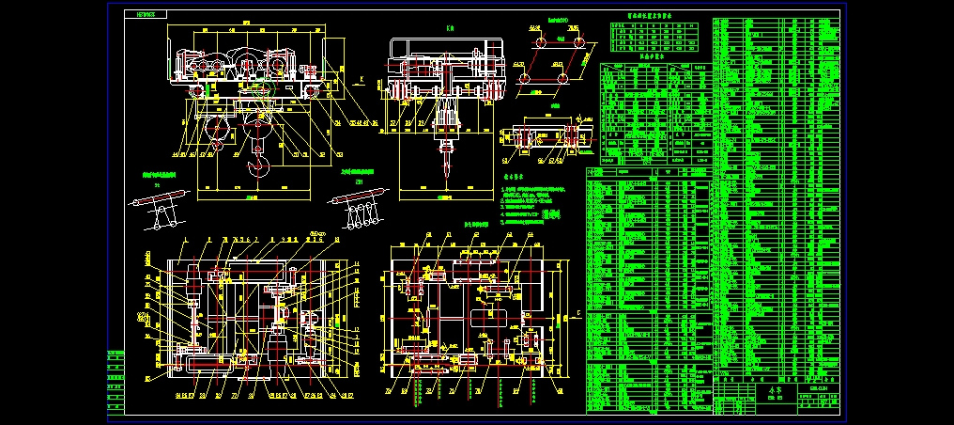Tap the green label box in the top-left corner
click(149, 15)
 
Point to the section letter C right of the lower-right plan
click(578, 312)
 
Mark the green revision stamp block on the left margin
click(115, 381)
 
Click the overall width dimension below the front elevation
click(251, 198)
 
